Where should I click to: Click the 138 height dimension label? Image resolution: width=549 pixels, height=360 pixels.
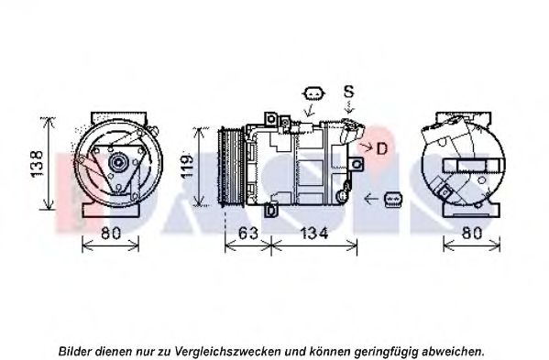pos(37,164)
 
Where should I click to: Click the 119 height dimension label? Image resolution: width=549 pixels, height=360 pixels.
pos(187,167)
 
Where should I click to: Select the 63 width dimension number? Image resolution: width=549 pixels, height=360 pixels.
pos(247,233)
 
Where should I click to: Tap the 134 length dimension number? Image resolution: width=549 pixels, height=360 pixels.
pos(314,233)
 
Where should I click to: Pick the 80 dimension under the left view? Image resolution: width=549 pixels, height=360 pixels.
pos(111,233)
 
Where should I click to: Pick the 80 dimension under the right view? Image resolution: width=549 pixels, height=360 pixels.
pos(472,233)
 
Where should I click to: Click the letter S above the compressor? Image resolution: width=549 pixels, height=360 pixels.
pos(348,92)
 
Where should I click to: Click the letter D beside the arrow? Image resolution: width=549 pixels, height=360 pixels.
pos(382,148)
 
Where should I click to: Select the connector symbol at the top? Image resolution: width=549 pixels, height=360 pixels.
pos(313,93)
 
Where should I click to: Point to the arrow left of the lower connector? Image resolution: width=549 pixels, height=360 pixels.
pos(371,199)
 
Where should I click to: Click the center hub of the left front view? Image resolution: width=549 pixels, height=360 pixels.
pos(118,162)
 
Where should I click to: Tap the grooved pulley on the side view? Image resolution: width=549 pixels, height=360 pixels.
pos(231,168)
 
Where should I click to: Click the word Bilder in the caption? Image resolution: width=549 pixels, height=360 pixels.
pos(76,350)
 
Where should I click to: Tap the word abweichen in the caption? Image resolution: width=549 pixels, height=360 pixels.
pos(453,350)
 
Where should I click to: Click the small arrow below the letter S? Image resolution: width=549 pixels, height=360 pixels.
pos(349,107)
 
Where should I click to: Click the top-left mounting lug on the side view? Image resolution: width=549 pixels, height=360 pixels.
pos(270,118)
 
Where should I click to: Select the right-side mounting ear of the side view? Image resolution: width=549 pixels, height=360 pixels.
pos(357,164)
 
